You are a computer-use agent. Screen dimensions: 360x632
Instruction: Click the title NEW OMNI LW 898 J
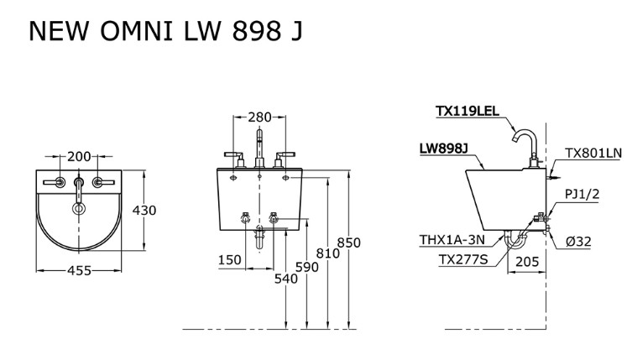pos(165,31)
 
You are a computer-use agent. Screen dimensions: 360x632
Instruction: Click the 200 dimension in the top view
pos(79,156)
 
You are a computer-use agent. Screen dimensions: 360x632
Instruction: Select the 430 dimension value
pos(144,211)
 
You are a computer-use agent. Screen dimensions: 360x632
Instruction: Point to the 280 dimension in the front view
pos(259,117)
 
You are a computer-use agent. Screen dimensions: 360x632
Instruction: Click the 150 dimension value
pos(230,260)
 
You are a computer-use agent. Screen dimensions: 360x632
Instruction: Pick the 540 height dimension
pos(286,279)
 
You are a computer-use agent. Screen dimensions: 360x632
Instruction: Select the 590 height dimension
pos(307,269)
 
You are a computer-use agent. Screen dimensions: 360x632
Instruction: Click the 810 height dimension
pos(328,253)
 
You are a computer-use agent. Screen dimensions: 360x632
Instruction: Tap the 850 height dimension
pos(348,243)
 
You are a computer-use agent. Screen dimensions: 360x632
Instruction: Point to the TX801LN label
pos(593,153)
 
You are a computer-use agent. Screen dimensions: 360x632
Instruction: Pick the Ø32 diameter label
pos(578,241)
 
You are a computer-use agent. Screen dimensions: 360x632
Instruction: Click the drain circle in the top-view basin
pos(79,209)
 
